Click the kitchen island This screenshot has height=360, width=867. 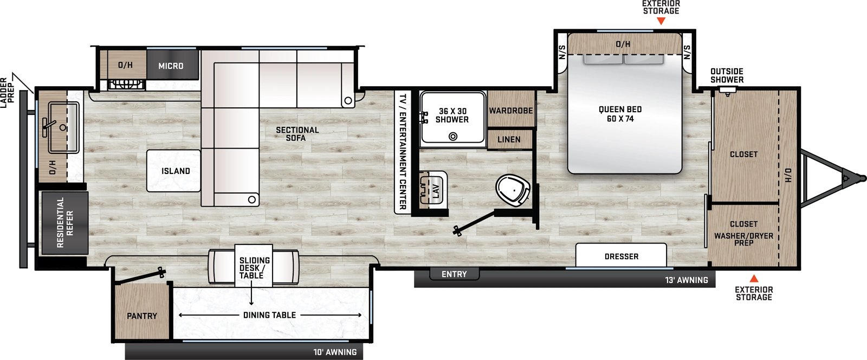click(x=173, y=171)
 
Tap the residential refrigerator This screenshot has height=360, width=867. click(x=65, y=222)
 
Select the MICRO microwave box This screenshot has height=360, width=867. click(x=171, y=66)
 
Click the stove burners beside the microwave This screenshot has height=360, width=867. click(x=126, y=84)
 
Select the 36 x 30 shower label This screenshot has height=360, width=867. click(x=452, y=115)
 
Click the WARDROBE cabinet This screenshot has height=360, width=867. click(x=511, y=111)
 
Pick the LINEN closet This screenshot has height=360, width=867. click(x=509, y=139)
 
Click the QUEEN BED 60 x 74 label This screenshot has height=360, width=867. click(x=620, y=114)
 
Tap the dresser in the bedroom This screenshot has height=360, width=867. click(x=621, y=256)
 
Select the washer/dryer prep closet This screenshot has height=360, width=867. click(x=743, y=233)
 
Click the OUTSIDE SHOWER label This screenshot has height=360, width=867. click(x=727, y=75)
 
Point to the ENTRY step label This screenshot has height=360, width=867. click(x=454, y=274)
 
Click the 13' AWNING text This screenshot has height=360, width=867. click(x=686, y=280)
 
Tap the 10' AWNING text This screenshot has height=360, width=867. click(x=335, y=352)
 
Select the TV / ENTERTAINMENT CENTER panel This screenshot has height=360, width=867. click(x=402, y=152)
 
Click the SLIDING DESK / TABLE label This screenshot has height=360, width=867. click(x=255, y=268)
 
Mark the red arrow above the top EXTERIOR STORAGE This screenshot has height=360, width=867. click(x=661, y=21)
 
